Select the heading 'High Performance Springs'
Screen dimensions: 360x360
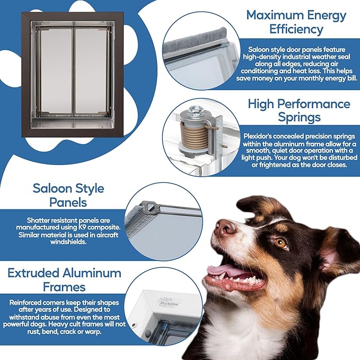point(299,111)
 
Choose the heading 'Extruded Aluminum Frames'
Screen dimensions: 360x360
point(64,280)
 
